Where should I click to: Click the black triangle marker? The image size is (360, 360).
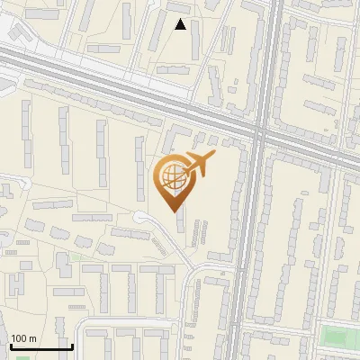tap(181, 25)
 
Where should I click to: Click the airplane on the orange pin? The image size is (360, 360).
tap(198, 164)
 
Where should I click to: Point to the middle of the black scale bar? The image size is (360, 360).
tap(41, 346)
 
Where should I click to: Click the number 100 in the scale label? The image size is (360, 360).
tap(20, 338)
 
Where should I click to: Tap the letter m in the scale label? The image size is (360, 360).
tap(33, 338)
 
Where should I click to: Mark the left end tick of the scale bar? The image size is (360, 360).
tap(11, 346)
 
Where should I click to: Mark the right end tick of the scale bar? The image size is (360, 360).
tap(72, 346)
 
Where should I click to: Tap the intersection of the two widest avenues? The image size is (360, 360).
tap(258, 133)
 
